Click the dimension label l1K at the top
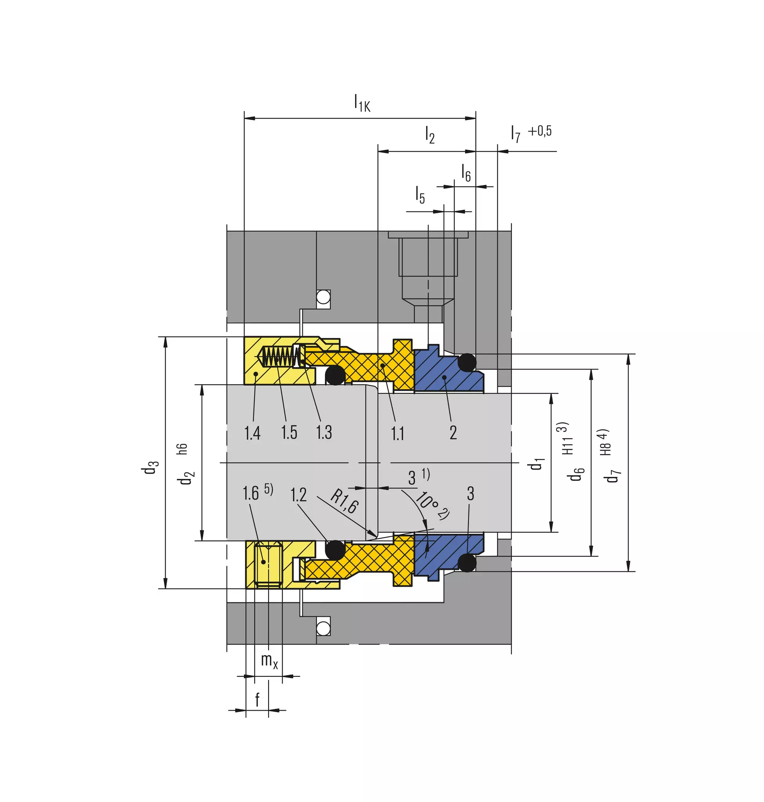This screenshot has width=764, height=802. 362,102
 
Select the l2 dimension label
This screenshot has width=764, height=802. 430,135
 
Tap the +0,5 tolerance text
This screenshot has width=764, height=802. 540,131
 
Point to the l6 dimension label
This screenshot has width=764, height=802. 466,173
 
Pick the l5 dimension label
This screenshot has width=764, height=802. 420,194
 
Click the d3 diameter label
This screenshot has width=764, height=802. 150,467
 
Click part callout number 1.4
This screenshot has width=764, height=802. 252,433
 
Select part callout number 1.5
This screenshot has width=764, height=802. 289,432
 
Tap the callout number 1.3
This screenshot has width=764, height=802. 324,432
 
